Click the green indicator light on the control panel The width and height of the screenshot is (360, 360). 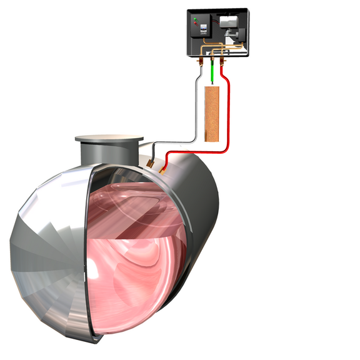pos(196,19)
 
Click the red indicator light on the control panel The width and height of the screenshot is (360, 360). pos(196,23)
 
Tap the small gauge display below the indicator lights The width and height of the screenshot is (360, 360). pos(204,29)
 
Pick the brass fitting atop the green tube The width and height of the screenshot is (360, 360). pos(212,59)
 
